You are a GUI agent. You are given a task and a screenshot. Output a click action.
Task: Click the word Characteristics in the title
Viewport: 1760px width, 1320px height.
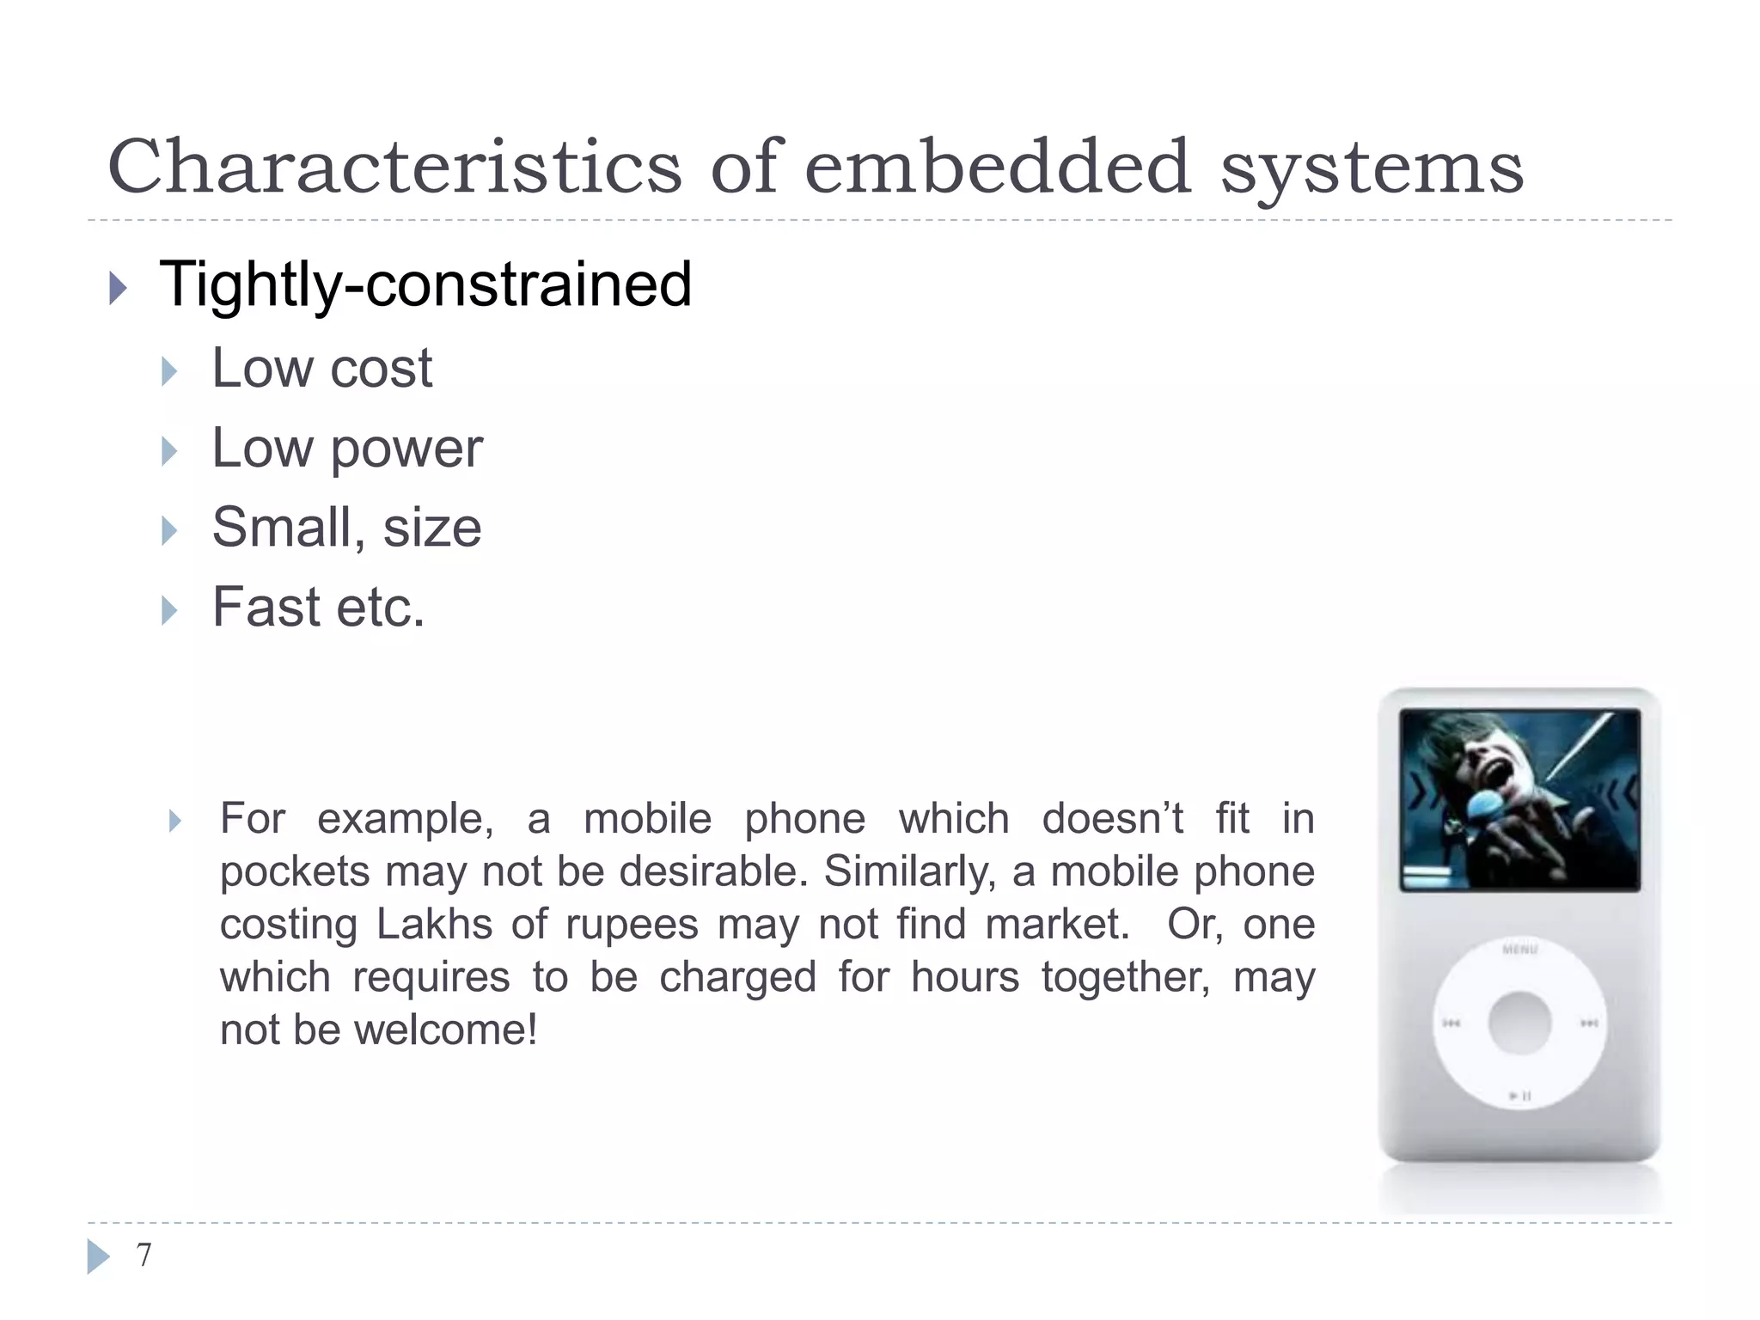(394, 167)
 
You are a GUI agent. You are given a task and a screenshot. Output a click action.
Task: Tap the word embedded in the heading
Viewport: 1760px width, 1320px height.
(997, 167)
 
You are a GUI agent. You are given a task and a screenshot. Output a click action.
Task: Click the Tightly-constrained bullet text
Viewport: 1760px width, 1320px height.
(425, 284)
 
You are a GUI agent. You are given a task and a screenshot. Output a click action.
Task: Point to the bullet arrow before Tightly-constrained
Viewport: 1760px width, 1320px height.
(119, 288)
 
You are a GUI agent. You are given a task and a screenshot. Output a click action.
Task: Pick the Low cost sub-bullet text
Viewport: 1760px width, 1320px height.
(322, 369)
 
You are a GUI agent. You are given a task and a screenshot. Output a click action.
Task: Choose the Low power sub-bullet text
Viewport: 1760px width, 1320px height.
(347, 449)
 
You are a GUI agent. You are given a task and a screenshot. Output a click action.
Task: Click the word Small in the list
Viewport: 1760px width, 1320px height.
(283, 528)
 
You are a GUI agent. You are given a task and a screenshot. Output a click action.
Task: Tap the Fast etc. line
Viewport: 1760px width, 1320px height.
(319, 608)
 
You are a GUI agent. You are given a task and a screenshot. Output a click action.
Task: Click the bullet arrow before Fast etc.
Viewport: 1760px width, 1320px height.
(170, 611)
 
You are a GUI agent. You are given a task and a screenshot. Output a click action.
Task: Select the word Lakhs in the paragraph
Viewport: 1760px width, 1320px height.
(434, 925)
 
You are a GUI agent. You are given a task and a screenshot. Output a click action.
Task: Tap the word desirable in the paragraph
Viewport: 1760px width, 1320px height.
(713, 871)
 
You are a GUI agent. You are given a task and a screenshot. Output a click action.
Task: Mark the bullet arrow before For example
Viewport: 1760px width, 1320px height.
(175, 822)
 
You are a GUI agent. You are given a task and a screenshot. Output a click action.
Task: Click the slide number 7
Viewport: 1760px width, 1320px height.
(144, 1255)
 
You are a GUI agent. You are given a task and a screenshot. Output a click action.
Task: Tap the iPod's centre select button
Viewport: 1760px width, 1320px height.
(1519, 1023)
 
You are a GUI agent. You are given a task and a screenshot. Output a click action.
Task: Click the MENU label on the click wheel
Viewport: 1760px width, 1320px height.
(1519, 950)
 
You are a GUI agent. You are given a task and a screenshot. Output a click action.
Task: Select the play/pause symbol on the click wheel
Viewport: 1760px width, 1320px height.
(1520, 1096)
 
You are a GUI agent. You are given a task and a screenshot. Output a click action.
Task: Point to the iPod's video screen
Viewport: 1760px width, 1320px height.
(1519, 799)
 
